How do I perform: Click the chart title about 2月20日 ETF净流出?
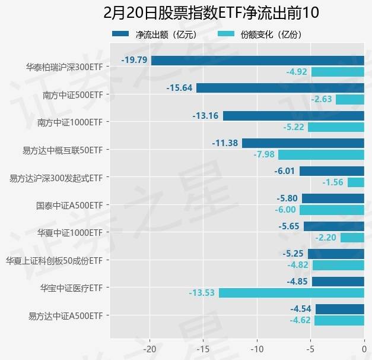coord(186,12)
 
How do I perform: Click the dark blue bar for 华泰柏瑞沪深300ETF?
coord(257,60)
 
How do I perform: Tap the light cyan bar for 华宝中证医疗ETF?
coord(291,293)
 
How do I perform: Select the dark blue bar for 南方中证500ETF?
coord(280,88)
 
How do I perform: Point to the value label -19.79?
coord(134,60)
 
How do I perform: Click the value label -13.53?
coord(202,293)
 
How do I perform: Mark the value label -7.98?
coord(264,155)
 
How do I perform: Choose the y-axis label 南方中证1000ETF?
coord(69,122)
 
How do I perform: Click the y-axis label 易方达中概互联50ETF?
coord(61,150)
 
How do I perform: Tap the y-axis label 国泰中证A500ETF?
coord(69,205)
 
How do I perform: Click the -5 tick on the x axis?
coord(310,349)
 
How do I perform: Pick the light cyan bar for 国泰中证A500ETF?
coord(332,210)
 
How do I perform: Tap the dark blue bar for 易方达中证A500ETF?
coord(339,309)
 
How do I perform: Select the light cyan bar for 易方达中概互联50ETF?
coord(321,155)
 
